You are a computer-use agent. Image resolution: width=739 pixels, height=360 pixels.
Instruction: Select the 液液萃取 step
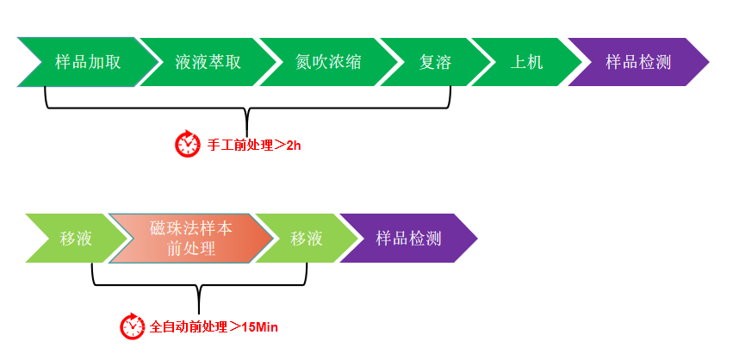[208, 62]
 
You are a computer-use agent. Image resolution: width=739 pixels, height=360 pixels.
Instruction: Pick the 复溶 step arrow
[435, 62]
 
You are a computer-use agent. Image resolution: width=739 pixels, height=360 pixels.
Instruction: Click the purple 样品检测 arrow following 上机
[638, 62]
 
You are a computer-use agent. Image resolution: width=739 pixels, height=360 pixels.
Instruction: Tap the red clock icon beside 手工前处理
[188, 144]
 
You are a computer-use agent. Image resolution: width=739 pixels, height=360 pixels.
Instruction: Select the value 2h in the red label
[294, 145]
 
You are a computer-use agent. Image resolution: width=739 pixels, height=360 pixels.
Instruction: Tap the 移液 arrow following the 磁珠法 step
[306, 238]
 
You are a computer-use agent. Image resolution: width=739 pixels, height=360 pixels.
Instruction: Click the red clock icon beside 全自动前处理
[133, 326]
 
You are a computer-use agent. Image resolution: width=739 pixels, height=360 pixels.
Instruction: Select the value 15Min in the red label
[259, 326]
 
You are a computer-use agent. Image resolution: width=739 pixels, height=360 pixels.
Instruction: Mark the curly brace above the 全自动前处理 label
[199, 288]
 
